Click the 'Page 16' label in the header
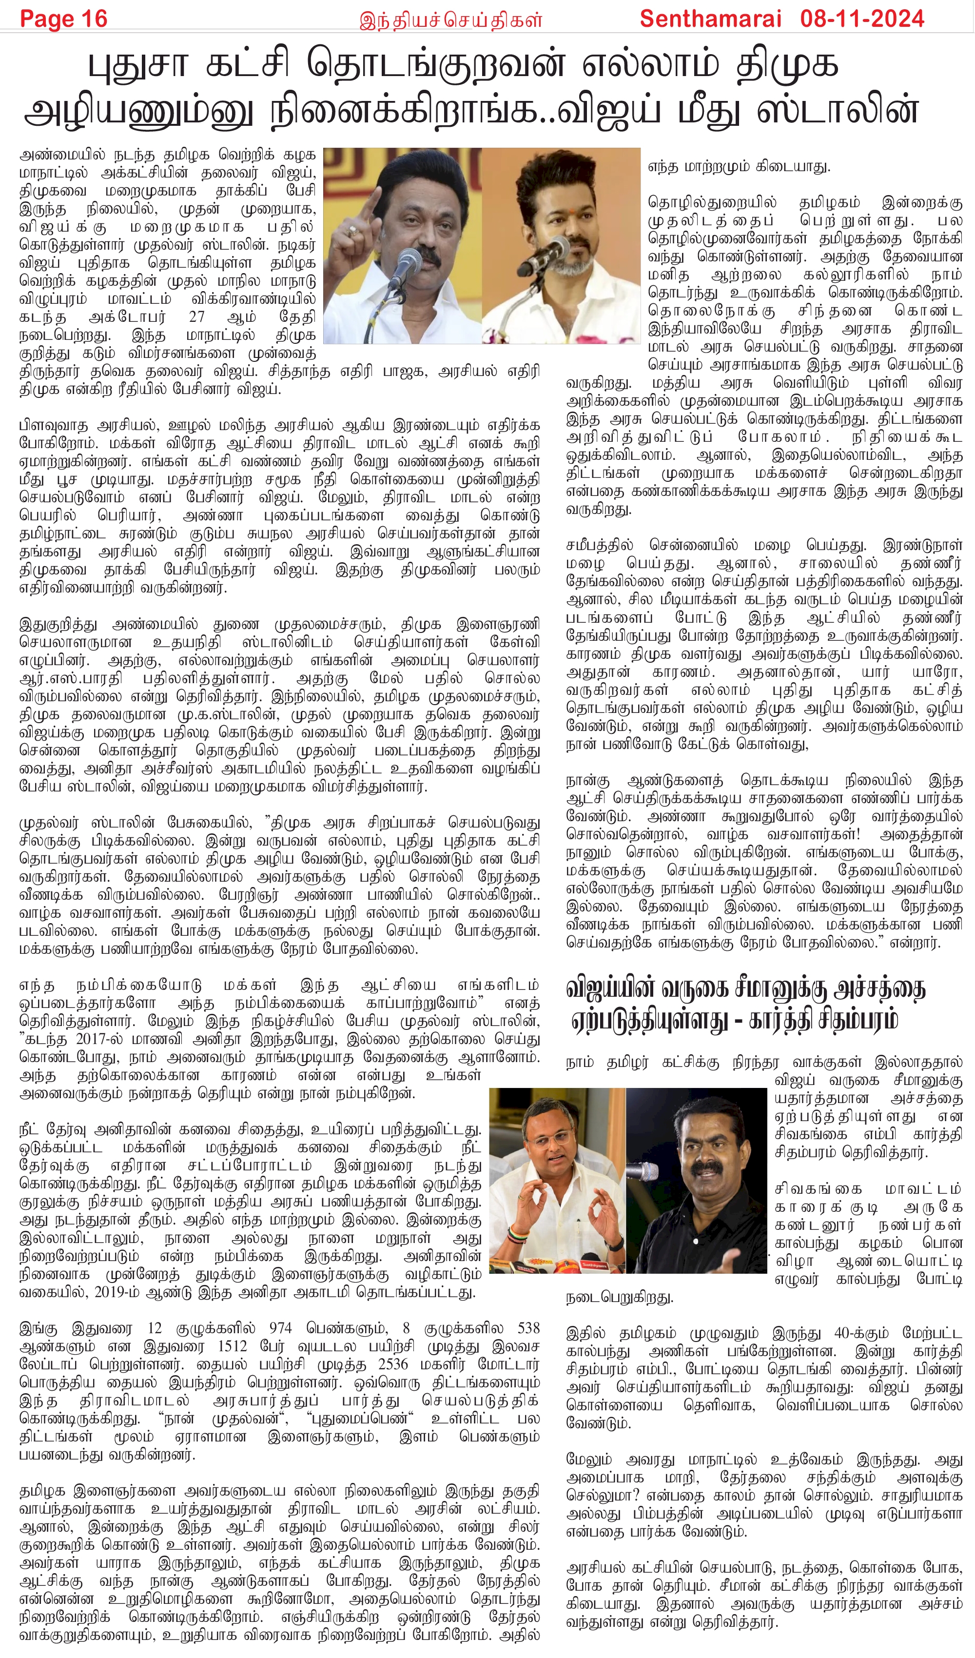tap(63, 19)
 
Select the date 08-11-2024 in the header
tap(862, 19)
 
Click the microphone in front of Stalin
tap(407, 263)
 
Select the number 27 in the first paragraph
tap(197, 316)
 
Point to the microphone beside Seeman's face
tap(643, 1170)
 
